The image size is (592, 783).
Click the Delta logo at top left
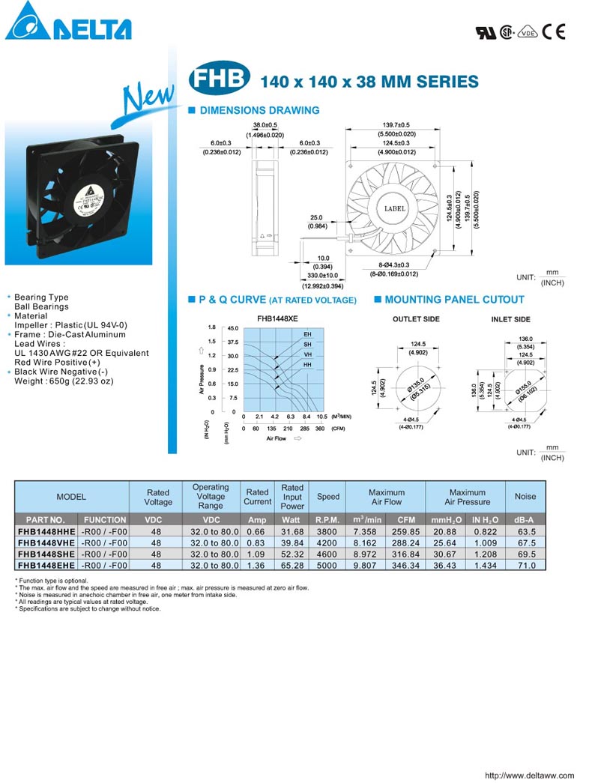point(67,22)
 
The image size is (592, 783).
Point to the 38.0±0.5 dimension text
point(265,125)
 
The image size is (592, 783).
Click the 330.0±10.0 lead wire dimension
point(322,276)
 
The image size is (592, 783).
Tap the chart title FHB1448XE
point(277,318)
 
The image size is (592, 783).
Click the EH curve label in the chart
point(307,333)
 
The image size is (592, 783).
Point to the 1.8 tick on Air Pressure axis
point(212,327)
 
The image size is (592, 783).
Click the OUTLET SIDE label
point(416,319)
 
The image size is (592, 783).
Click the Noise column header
point(525,496)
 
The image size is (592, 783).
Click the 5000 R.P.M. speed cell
point(327,566)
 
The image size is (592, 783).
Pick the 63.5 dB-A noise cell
point(525,530)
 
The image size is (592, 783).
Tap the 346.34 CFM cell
point(405,566)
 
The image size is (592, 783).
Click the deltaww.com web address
point(529,776)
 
